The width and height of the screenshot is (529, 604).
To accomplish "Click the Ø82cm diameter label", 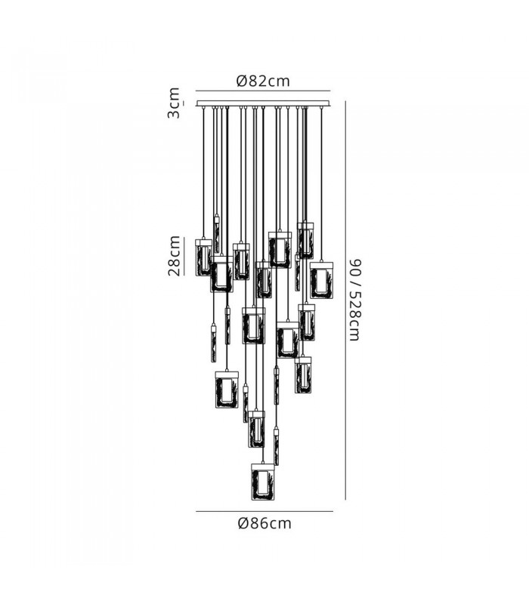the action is (x=263, y=82).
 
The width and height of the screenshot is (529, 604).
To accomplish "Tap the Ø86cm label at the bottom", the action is (x=264, y=523).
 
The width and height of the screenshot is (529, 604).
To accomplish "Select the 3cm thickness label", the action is (x=174, y=103).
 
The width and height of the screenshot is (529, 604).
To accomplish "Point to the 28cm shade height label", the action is (x=175, y=256).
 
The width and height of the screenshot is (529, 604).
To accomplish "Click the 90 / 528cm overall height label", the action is (x=354, y=300).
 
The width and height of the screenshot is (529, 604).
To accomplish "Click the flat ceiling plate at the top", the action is (x=263, y=103).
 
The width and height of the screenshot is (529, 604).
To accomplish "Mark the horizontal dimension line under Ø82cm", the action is (x=263, y=91).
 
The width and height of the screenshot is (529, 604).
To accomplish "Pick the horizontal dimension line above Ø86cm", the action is (x=264, y=512).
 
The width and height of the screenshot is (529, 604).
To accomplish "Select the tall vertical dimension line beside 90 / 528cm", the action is (x=345, y=300).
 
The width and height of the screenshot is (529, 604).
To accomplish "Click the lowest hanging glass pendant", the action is (x=263, y=482).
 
